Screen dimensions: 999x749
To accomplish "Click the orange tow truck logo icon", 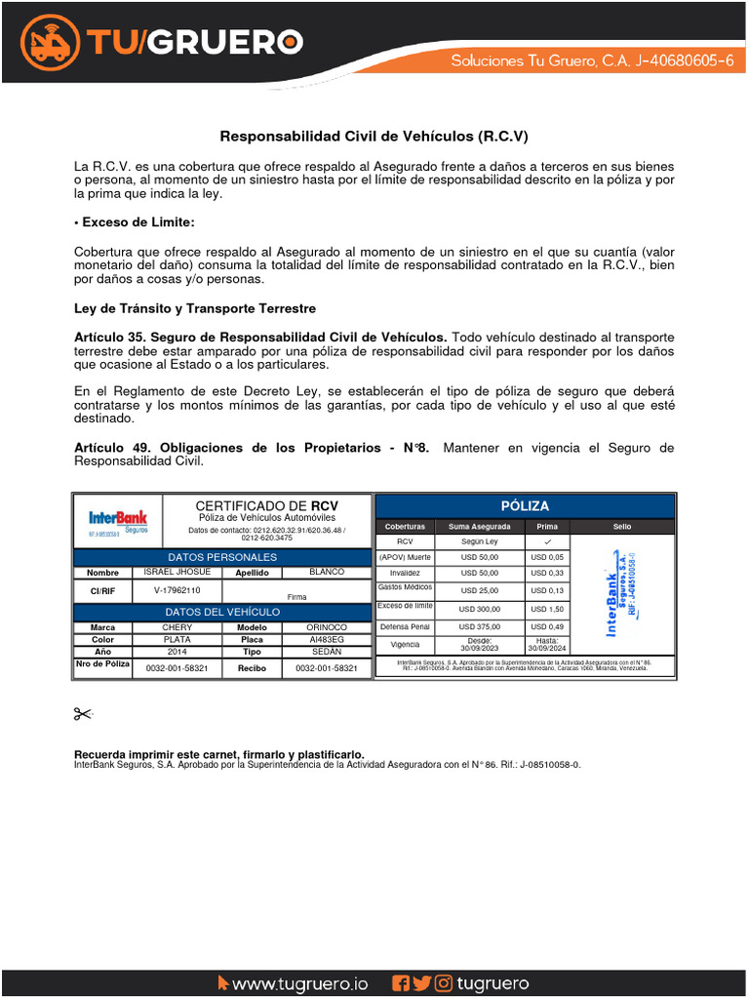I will [x=52, y=42].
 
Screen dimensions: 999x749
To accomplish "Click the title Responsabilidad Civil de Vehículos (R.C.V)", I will [x=374, y=137].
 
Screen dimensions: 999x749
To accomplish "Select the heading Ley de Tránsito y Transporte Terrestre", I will [x=195, y=308].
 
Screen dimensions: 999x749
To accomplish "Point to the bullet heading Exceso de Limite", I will [x=135, y=222].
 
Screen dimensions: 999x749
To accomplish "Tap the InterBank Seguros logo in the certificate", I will [x=118, y=522].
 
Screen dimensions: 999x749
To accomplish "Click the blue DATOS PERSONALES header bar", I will [x=222, y=557].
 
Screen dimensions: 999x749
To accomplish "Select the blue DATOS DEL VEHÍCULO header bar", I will [x=222, y=612].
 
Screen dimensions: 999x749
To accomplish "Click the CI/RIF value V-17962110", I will [x=177, y=591].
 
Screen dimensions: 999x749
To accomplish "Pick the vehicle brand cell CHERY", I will [x=177, y=627].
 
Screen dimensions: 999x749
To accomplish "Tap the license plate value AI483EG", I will [x=327, y=640].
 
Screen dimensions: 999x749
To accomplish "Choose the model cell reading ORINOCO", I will [x=327, y=627].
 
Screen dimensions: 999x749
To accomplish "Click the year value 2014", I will [x=177, y=652].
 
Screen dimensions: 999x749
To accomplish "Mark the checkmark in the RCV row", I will [x=547, y=541].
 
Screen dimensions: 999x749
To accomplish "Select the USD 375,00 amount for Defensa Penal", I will [x=480, y=626].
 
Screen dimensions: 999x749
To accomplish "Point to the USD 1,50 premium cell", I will [x=547, y=609].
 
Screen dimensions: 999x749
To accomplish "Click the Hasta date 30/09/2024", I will [x=547, y=645].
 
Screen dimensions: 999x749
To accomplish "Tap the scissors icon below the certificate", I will [x=82, y=716].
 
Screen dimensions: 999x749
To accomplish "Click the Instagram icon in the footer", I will [x=444, y=983].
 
